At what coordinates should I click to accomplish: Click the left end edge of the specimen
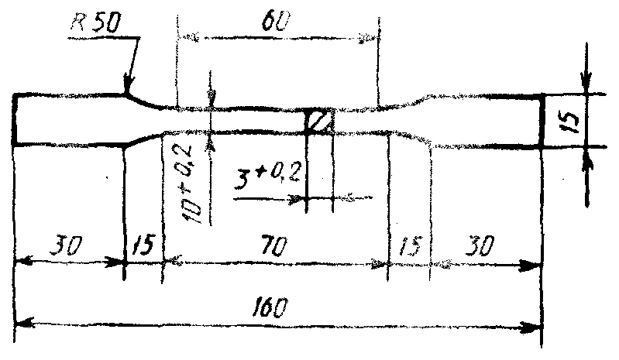tap(15, 119)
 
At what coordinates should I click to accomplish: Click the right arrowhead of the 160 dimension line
tap(535, 324)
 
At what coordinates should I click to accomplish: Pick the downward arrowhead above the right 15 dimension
tap(588, 86)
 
